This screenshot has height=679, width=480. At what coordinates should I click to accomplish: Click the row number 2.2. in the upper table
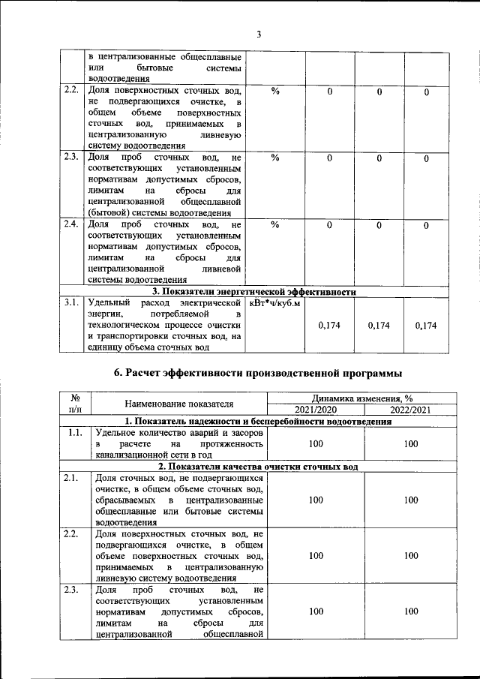pyautogui.click(x=71, y=92)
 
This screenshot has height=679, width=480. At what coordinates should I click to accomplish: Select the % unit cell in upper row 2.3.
pyautogui.click(x=275, y=158)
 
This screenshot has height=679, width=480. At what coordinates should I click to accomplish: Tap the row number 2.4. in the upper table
pyautogui.click(x=71, y=225)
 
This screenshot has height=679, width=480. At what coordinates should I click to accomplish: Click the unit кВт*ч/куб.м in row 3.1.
pyautogui.click(x=274, y=303)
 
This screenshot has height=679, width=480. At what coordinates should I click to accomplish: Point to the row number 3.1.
pyautogui.click(x=71, y=303)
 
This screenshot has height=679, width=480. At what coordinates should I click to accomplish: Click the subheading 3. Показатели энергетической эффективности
pyautogui.click(x=253, y=291)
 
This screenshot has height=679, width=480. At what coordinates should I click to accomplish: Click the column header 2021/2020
pyautogui.click(x=316, y=410)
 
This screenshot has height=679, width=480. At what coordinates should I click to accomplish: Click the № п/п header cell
pyautogui.click(x=75, y=404)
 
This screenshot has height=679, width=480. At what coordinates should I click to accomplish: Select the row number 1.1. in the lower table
pyautogui.click(x=74, y=434)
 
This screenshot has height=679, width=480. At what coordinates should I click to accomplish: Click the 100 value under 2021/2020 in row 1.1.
pyautogui.click(x=316, y=444)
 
